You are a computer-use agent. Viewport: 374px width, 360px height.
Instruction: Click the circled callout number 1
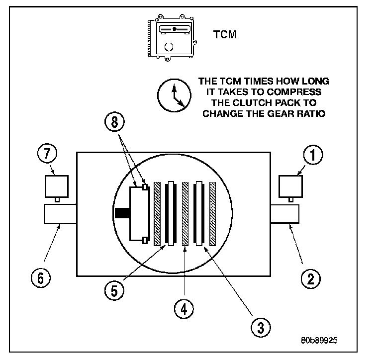tap(312, 156)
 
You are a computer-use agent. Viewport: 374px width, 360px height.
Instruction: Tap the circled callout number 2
tap(310, 278)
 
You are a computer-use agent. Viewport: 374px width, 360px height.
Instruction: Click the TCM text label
tap(224, 35)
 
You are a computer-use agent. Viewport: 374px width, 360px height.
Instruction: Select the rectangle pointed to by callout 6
tap(60, 214)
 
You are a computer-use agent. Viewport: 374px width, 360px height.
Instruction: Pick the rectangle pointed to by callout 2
tap(284, 214)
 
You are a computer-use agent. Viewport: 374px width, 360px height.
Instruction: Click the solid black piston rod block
tap(122, 213)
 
